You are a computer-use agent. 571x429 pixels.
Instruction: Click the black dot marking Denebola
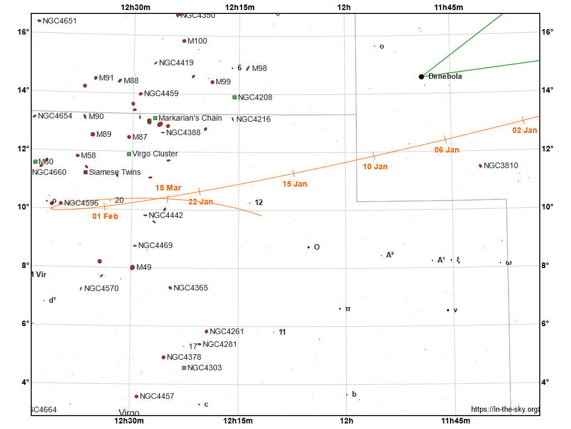coord(422,77)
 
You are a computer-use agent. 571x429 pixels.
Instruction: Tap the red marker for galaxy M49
coord(132,268)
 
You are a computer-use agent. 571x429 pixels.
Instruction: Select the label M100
coord(197,41)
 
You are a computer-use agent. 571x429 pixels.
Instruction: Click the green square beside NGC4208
coord(235,97)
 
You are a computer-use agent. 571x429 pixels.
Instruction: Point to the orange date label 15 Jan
coord(295,184)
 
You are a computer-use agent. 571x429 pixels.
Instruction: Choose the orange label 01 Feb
coord(105,216)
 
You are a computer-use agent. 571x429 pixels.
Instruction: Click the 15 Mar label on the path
coord(168,188)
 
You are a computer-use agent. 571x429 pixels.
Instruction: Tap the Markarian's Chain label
coord(190,118)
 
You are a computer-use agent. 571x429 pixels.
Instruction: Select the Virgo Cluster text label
coord(155,154)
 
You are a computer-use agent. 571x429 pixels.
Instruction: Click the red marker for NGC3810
coord(480,166)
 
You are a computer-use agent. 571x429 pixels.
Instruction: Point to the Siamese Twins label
coord(115,173)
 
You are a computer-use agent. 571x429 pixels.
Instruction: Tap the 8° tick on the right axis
coord(548,265)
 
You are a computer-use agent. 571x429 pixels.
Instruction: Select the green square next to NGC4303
coord(184,368)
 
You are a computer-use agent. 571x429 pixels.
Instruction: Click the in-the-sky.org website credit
coord(505,409)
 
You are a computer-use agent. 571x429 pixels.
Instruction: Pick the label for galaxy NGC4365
coord(191,288)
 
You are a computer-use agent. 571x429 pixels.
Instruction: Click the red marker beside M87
coord(129,137)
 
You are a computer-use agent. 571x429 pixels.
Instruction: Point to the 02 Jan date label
coord(525,131)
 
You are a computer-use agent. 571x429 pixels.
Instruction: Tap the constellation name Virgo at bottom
coord(129,413)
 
